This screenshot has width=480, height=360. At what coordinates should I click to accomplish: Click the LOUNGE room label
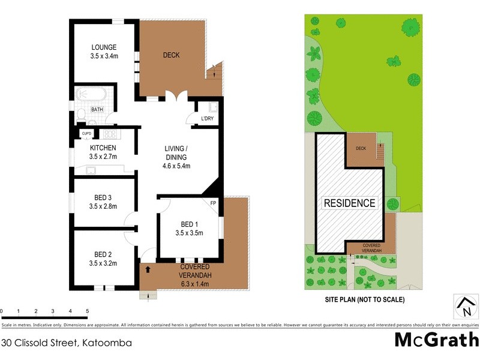tap(104, 47)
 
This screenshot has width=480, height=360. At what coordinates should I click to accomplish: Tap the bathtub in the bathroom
tap(91, 95)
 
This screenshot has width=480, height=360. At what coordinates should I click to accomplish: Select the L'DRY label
tap(207, 118)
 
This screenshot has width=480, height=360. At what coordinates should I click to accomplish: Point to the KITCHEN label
tap(103, 148)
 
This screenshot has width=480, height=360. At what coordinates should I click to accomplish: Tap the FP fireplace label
tap(213, 203)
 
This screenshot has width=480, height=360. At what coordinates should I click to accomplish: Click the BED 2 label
tap(103, 254)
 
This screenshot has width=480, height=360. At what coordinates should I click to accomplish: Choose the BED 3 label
tap(103, 197)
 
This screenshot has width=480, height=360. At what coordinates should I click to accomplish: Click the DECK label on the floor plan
tap(171, 55)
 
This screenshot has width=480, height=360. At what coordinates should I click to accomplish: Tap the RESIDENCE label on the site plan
tap(350, 203)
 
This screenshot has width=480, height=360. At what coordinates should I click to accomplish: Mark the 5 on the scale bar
tap(88, 311)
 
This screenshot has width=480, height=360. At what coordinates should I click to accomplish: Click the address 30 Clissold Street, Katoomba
tap(67, 343)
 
